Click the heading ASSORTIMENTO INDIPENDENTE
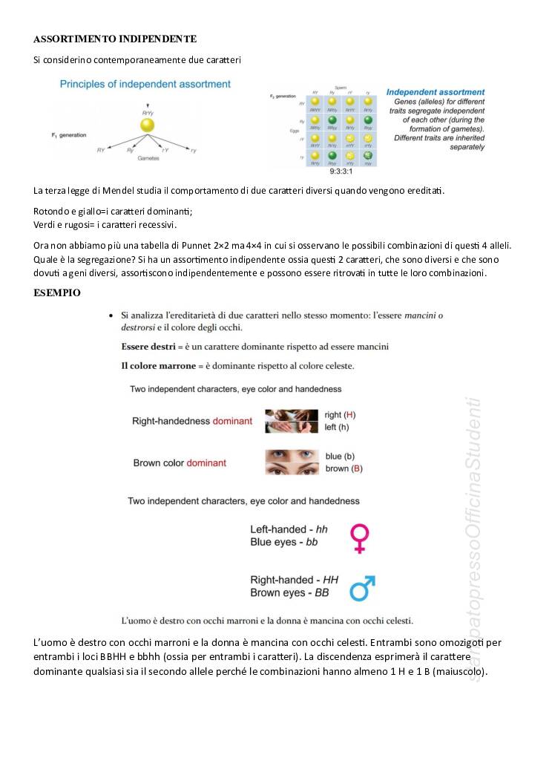pos(114,39)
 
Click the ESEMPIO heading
pos(57,293)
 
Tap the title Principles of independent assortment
pos(145,84)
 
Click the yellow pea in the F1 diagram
pos(148,125)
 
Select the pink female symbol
pos(360,538)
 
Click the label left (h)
pos(337,427)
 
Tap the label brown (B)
pos(344,468)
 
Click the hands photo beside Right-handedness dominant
pos(291,421)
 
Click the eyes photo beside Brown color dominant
pos(291,463)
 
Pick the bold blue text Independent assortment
pos(436,93)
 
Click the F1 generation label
pos(69,135)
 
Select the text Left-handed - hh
pos(289,529)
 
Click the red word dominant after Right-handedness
pos(232,421)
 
